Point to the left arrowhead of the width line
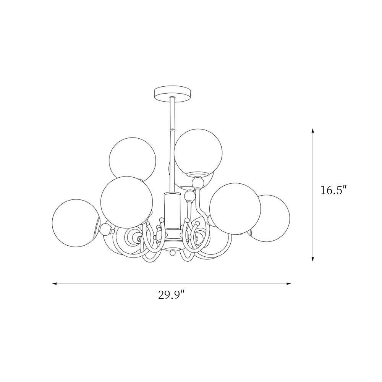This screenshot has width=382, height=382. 55,283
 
